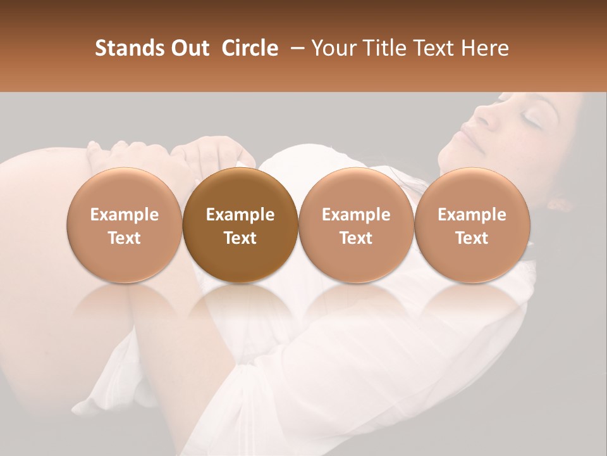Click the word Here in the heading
[485, 48]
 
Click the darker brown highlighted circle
[240, 225]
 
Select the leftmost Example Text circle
[124, 225]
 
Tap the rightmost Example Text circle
[472, 225]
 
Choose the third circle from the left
[356, 225]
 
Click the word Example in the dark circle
[240, 215]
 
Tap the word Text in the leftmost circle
[124, 238]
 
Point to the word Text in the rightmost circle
[472, 238]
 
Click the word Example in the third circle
[356, 215]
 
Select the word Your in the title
[333, 48]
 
